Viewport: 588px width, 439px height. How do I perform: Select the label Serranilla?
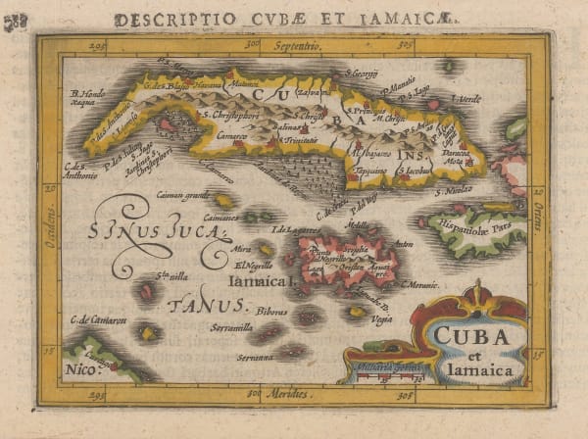click(x=231, y=327)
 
